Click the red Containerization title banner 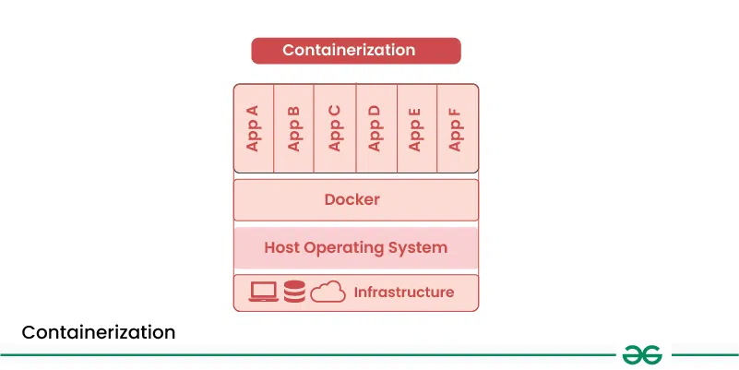pos(355,50)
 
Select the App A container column pos(254,128)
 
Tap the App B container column pos(294,128)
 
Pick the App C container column pos(335,128)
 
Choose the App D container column pos(375,128)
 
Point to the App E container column pos(416,128)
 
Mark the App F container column pos(457,128)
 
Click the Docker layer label pos(352,199)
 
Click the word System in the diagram pos(420,247)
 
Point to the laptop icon pos(264,292)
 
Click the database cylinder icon pos(295,292)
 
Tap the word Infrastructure pos(404,292)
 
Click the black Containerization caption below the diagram pos(98,332)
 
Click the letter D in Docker pos(330,199)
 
